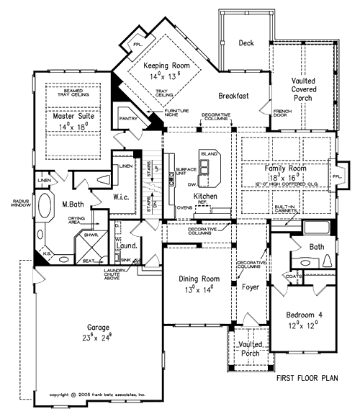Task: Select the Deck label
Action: (247, 42)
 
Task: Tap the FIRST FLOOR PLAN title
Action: (312, 377)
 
